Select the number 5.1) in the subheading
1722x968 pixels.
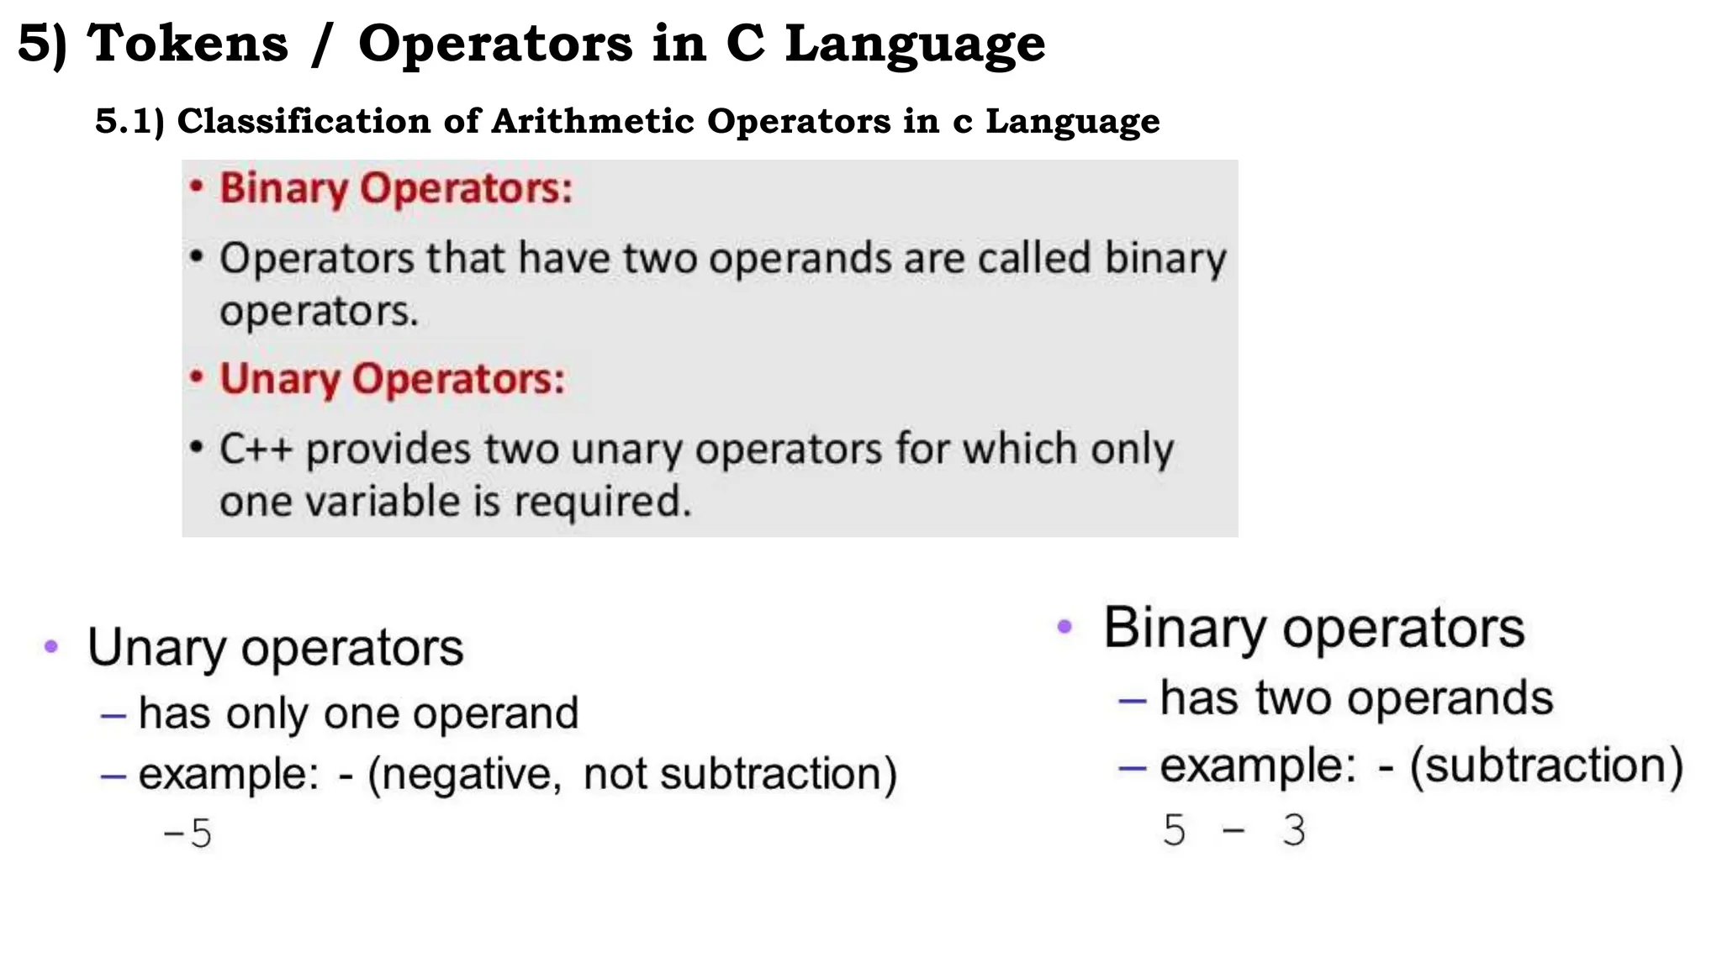tap(129, 121)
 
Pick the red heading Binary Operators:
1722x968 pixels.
tap(395, 188)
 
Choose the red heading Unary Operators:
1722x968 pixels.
tap(392, 379)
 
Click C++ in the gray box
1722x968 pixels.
tap(256, 449)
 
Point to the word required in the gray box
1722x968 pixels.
tap(602, 502)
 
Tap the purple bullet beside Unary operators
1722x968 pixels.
tap(51, 647)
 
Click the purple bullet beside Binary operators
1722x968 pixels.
tap(1064, 627)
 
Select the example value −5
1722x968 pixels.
tap(188, 834)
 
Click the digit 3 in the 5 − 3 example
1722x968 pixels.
tap(1294, 830)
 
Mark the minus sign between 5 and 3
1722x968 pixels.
tap(1233, 831)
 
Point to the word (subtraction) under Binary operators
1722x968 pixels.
tap(1545, 765)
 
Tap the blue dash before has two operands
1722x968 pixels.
tap(1132, 700)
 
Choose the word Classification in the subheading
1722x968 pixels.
tap(304, 121)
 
